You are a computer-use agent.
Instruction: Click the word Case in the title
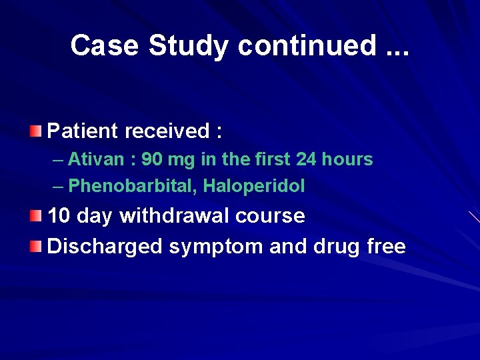click(x=105, y=45)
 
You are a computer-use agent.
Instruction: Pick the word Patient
click(x=83, y=131)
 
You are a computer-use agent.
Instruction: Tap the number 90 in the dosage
click(x=153, y=159)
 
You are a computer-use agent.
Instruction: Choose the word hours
click(x=349, y=159)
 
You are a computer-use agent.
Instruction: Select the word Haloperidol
click(x=254, y=186)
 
